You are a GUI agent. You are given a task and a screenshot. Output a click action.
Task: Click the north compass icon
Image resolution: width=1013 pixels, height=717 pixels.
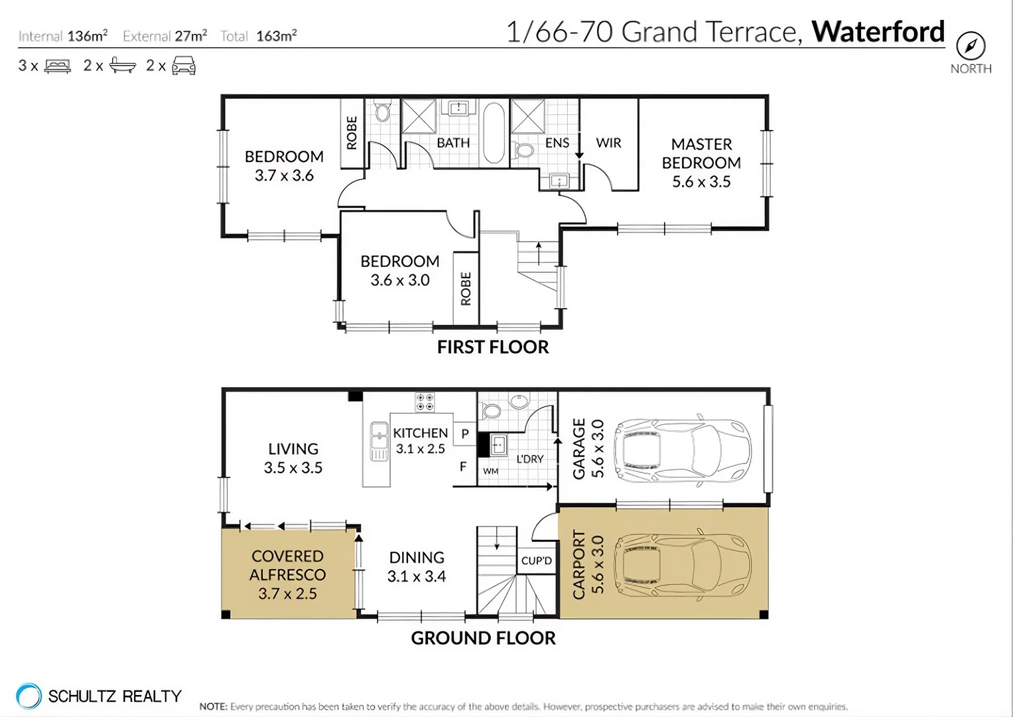[971, 46]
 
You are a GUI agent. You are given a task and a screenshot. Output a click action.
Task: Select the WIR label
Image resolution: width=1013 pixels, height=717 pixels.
[608, 143]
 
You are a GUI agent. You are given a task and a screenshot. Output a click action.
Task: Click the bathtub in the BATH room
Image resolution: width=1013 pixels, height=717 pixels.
[493, 133]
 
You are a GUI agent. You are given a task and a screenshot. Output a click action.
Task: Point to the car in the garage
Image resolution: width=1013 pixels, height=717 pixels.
[683, 451]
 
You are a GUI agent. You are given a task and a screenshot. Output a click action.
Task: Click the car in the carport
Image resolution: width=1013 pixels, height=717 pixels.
[683, 564]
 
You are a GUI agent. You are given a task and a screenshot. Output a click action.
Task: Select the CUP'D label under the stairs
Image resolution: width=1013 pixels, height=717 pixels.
[536, 560]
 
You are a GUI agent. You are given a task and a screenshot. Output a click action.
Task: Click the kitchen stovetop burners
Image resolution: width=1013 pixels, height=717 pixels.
[425, 402]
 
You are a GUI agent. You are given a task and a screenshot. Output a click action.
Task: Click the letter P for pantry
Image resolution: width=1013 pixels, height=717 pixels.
[465, 434]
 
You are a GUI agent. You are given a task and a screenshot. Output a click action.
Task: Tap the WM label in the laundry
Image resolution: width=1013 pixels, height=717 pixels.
[491, 471]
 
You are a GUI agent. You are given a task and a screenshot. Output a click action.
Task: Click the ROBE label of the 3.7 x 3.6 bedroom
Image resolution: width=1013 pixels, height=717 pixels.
[352, 133]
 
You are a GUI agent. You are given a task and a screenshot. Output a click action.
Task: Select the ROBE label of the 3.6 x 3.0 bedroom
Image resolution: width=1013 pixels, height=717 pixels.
[466, 288]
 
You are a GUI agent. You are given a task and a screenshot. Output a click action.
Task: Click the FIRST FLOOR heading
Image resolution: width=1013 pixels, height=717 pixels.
[493, 347]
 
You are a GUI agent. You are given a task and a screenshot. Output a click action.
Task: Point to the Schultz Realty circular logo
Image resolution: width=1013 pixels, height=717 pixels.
[29, 696]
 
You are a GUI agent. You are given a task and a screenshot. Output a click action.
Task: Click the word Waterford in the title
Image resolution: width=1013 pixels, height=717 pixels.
[878, 31]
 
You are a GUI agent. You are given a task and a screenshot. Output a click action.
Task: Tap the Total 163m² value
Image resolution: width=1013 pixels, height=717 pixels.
[276, 36]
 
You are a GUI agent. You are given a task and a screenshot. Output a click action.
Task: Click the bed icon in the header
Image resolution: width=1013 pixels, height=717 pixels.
[58, 66]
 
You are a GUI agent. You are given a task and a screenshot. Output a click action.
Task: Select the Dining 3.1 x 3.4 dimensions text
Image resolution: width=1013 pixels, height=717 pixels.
[417, 576]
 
